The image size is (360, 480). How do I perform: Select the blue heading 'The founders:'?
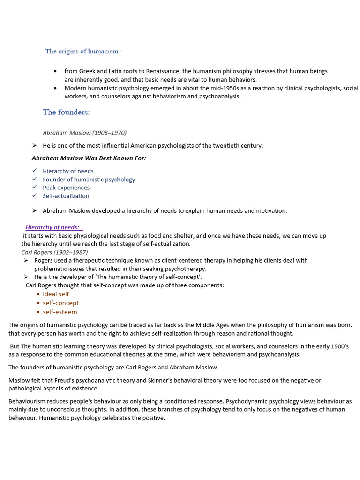(x=66, y=112)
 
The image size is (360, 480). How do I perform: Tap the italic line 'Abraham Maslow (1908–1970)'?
(x=84, y=133)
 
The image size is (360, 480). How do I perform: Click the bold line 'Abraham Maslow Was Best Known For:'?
(x=89, y=158)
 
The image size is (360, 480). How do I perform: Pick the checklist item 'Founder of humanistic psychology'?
(x=89, y=180)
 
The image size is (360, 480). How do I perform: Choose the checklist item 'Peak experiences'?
(x=66, y=187)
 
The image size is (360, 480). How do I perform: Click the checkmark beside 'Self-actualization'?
(x=35, y=195)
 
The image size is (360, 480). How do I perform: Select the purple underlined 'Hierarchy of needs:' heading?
(x=52, y=227)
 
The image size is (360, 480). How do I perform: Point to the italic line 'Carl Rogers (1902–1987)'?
(x=54, y=252)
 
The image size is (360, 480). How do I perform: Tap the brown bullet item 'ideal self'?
(x=56, y=294)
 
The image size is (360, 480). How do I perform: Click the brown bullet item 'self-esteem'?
(x=60, y=312)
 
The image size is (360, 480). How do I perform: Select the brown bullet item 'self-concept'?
(x=61, y=303)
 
